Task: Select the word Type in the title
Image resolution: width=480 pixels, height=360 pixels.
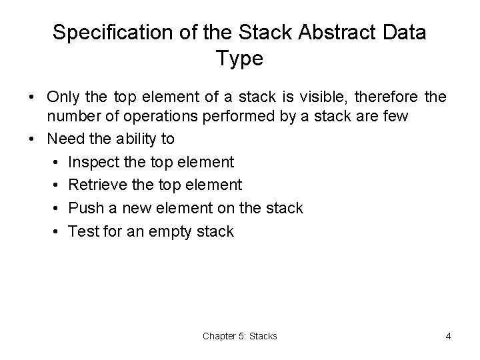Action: tap(240, 59)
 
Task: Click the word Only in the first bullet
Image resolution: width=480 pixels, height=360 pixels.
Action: tap(64, 98)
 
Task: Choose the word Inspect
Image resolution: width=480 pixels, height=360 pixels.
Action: tap(93, 162)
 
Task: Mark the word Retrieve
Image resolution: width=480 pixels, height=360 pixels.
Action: tap(95, 185)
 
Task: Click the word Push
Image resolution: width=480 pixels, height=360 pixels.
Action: tap(83, 208)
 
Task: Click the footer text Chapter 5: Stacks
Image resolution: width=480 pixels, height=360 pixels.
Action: tap(240, 336)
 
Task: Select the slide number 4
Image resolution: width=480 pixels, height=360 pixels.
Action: tap(448, 336)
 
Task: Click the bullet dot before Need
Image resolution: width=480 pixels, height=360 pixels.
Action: tap(31, 139)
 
